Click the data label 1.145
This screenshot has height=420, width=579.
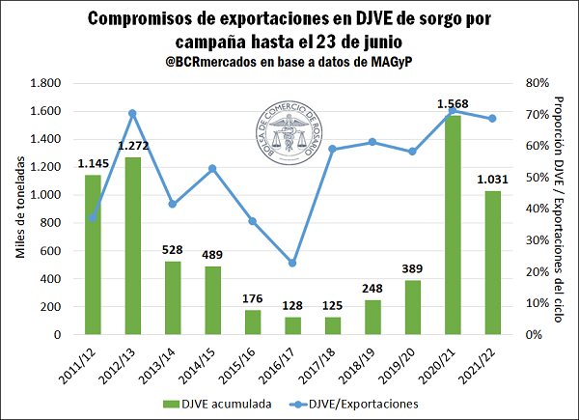pos(92,164)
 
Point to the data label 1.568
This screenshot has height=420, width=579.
pos(453,103)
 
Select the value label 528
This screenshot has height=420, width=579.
pos(172,250)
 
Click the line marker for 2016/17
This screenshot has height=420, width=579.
pos(292,263)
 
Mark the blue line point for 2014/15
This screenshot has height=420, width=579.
pos(212,168)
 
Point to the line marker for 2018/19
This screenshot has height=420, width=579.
pos(372,142)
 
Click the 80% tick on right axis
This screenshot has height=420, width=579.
pos(538,83)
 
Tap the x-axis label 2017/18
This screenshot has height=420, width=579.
pos(328,362)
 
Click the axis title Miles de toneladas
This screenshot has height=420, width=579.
pos(20,209)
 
